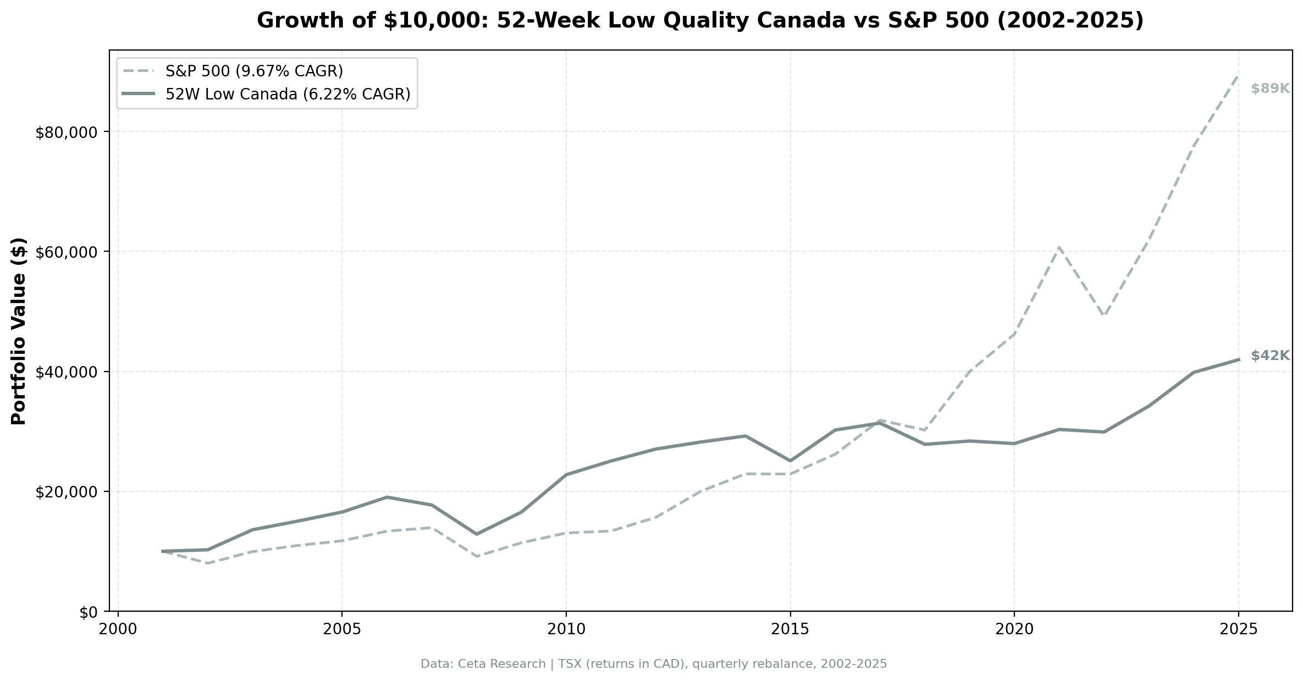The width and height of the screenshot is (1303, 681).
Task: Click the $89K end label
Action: click(1270, 88)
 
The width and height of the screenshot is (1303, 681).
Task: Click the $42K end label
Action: click(1270, 356)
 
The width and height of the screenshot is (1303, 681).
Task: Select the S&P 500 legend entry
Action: click(254, 71)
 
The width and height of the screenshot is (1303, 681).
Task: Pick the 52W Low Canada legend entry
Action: click(288, 95)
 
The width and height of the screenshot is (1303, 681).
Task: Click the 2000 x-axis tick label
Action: click(118, 629)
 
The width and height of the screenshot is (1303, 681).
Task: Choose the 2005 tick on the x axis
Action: click(342, 629)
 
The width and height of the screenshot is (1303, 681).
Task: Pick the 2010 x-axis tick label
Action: click(566, 629)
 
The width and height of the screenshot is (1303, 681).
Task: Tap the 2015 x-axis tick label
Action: click(790, 629)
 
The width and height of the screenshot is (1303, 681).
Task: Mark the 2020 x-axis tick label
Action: click(1014, 629)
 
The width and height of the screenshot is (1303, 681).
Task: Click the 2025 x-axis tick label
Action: click(1239, 629)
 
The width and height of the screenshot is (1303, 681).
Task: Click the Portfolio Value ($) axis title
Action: click(19, 331)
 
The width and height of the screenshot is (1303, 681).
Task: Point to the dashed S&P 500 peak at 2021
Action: click(1059, 248)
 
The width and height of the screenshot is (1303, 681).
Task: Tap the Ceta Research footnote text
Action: click(653, 664)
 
